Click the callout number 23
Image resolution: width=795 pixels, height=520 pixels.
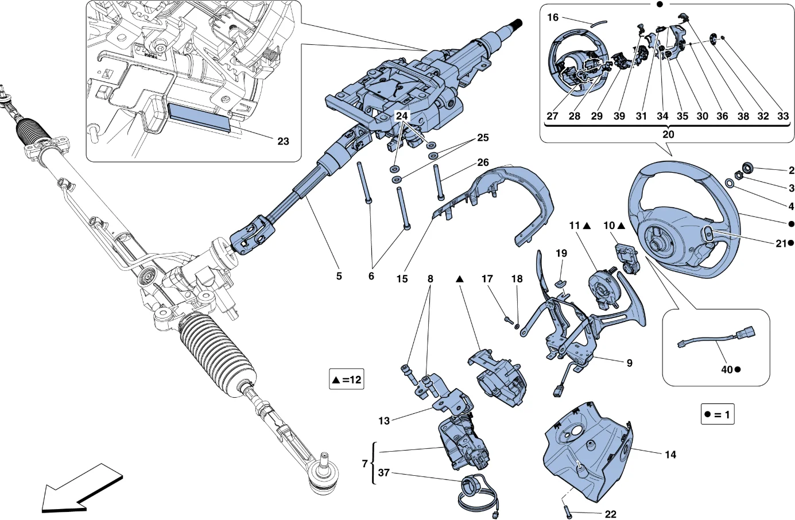point(283,142)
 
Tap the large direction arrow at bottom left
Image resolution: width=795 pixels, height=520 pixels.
point(82,487)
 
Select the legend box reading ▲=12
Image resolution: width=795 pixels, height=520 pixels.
point(346,380)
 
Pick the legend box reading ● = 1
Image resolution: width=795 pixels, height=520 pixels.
point(718,414)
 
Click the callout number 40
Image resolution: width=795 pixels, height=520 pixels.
point(727,370)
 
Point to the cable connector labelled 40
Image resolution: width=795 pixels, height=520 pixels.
point(716,338)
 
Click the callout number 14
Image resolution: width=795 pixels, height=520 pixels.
point(670,455)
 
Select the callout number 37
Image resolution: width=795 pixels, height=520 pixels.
point(383,473)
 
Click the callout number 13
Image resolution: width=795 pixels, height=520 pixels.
point(384,421)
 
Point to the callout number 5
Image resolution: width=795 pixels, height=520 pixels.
point(339,276)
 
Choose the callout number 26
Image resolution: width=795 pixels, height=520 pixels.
point(483,162)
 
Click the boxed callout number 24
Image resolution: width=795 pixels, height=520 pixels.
point(402,116)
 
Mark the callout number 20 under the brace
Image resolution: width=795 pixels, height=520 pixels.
point(668,134)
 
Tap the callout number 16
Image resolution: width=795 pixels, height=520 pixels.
point(553,17)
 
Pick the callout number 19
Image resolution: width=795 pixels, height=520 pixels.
point(561,254)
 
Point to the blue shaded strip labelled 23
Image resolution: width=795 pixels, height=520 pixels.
point(199,118)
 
